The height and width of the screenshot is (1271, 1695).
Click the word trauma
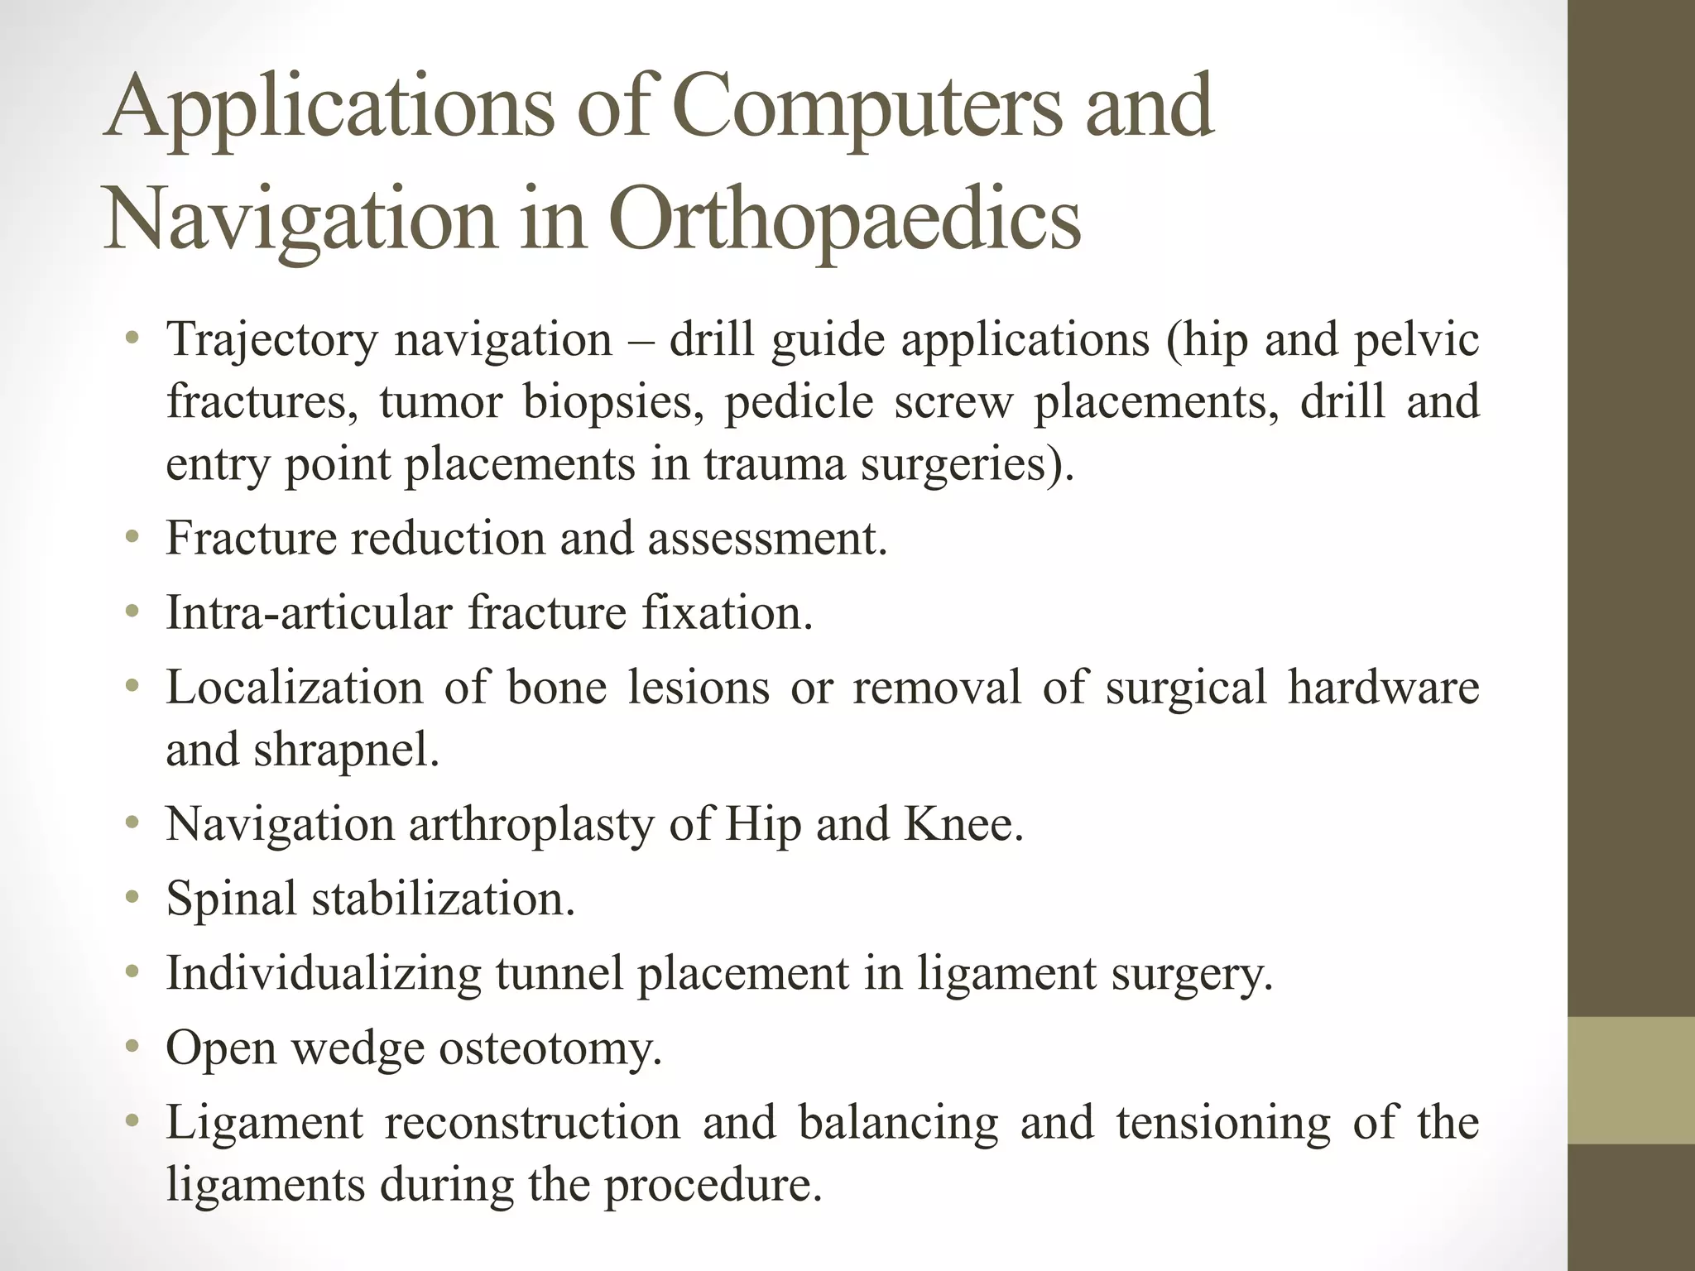click(774, 464)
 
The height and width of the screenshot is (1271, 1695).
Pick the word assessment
click(766, 539)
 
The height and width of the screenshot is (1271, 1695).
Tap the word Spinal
click(231, 899)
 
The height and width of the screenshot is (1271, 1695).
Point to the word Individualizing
click(324, 975)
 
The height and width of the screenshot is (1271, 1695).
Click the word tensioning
click(1222, 1124)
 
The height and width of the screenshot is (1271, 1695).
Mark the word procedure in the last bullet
click(713, 1186)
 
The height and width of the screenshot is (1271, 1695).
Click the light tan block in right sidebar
click(1630, 1081)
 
